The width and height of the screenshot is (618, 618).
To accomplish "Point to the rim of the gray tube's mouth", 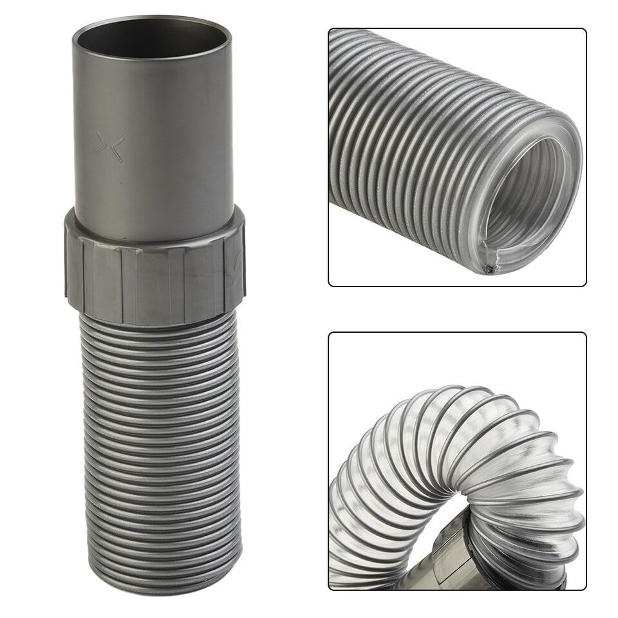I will coord(152,20).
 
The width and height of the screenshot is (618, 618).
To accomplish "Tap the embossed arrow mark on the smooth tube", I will coord(109,146).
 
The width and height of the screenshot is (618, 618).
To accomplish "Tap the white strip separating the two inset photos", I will coord(457,309).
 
